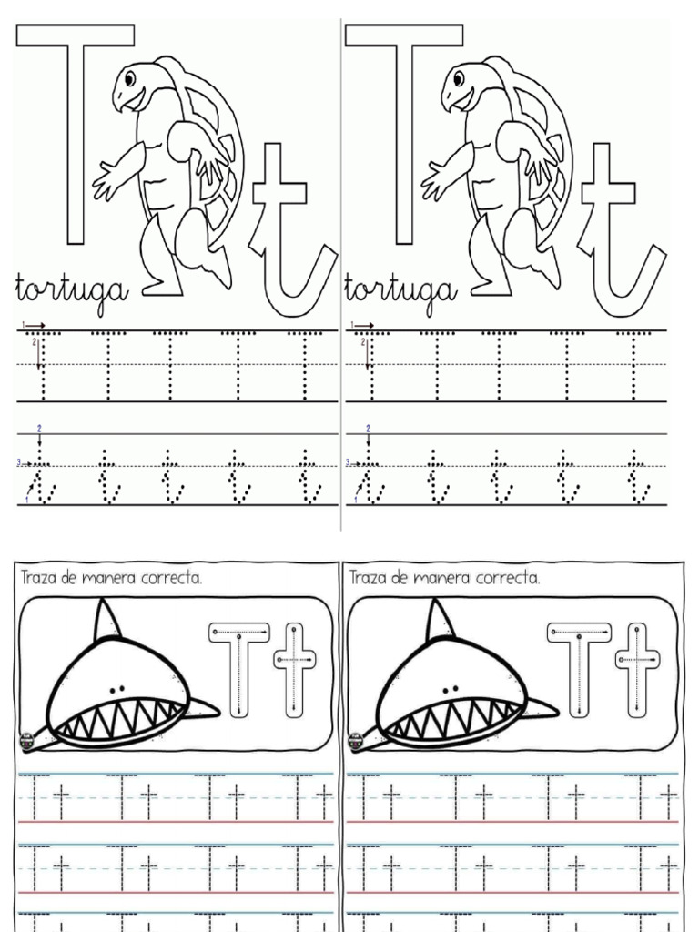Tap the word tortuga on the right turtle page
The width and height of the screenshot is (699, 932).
tap(399, 289)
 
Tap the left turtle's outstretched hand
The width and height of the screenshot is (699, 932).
tap(104, 180)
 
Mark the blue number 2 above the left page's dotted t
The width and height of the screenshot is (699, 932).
tap(39, 428)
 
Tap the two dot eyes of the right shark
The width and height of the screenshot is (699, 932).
tap(449, 688)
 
